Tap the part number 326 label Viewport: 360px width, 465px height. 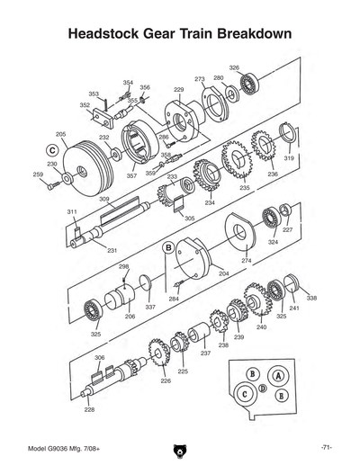[x=234, y=68]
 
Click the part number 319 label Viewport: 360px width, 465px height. [x=289, y=157]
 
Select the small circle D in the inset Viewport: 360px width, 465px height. [x=262, y=388]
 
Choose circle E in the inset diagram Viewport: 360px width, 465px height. [x=282, y=396]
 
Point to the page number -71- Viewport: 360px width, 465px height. [x=327, y=447]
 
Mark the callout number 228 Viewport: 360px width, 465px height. [x=89, y=409]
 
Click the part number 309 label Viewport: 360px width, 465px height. [x=104, y=199]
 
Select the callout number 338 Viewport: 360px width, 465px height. [x=311, y=298]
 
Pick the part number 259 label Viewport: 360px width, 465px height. [x=37, y=174]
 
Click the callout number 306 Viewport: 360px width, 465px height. [x=99, y=357]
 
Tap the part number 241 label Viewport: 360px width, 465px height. [x=294, y=309]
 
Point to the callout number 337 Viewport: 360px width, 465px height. [x=150, y=307]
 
